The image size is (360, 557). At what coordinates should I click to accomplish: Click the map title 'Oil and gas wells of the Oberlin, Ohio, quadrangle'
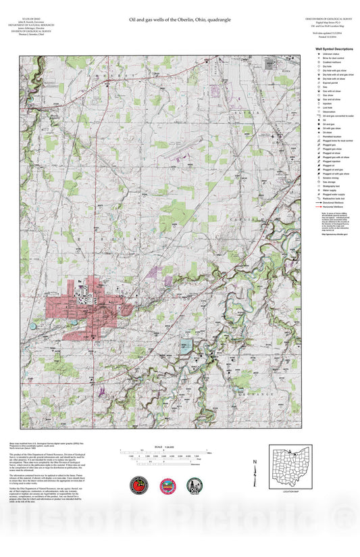(x=180, y=20)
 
